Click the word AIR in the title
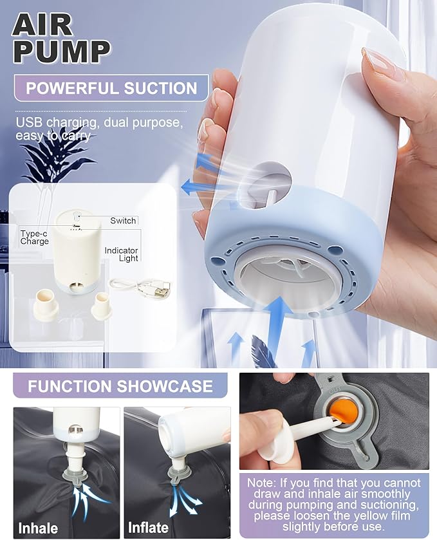tap(42, 26)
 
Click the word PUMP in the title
tap(61, 51)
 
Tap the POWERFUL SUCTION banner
tap(111, 88)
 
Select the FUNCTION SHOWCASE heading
tap(120, 386)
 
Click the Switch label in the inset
tap(123, 220)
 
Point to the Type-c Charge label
tap(34, 237)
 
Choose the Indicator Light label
tap(121, 254)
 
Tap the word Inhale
tap(38, 528)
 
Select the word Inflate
tap(149, 527)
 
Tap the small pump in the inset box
tap(78, 252)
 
